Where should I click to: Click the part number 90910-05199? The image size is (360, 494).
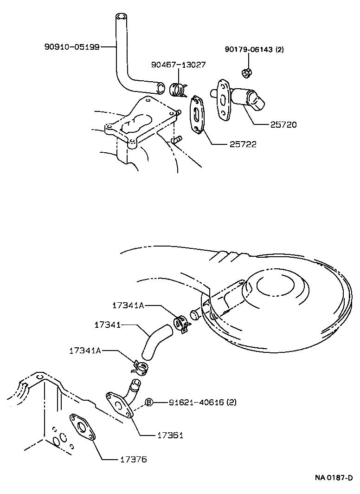[x=72, y=47]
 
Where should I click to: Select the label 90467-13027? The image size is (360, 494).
[x=179, y=65]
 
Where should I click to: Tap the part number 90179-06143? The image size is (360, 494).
[x=249, y=50]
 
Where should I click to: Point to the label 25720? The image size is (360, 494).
[x=283, y=125]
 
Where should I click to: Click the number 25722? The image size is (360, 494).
[x=243, y=144]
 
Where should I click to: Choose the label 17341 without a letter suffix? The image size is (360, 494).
[x=108, y=325]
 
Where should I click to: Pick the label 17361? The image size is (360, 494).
[x=170, y=435]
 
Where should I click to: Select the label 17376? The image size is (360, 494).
[x=134, y=459]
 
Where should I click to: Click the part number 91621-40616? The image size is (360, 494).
[x=196, y=403]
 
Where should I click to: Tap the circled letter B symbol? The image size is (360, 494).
[x=149, y=403]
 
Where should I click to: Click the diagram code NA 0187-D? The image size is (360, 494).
[x=334, y=478]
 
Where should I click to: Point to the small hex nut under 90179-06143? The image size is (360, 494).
[x=246, y=73]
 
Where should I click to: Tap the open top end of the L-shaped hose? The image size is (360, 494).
[x=121, y=16]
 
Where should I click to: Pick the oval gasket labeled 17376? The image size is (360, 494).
[x=82, y=426]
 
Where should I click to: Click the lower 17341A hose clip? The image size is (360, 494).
[x=141, y=367]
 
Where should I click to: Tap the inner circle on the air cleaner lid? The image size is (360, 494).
[x=276, y=286]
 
